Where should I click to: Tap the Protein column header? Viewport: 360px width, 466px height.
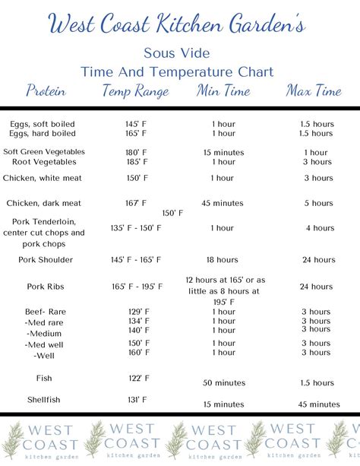pos(46,91)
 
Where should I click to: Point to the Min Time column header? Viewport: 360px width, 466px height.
pos(223,91)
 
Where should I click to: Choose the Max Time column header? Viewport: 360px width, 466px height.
pos(314,91)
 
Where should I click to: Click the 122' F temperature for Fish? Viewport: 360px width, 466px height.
pos(137,378)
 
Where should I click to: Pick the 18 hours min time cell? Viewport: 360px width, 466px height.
pos(223,259)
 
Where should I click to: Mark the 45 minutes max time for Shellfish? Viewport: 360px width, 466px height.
pos(318,404)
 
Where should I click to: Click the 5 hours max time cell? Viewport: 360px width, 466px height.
pos(319,203)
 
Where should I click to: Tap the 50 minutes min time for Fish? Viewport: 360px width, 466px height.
pos(223,382)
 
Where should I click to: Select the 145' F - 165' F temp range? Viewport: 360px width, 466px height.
pos(137,259)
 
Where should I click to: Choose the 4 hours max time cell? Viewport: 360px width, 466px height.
pos(319,228)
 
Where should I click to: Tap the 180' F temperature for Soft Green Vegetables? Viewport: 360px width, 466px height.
pos(137,152)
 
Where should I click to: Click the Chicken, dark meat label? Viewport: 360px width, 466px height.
pos(45,203)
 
